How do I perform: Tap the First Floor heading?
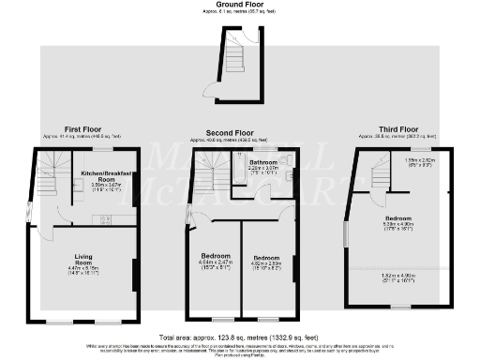click(84, 130)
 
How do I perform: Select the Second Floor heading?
click(231, 133)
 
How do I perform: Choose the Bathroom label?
click(262, 163)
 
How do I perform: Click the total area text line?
click(240, 336)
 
